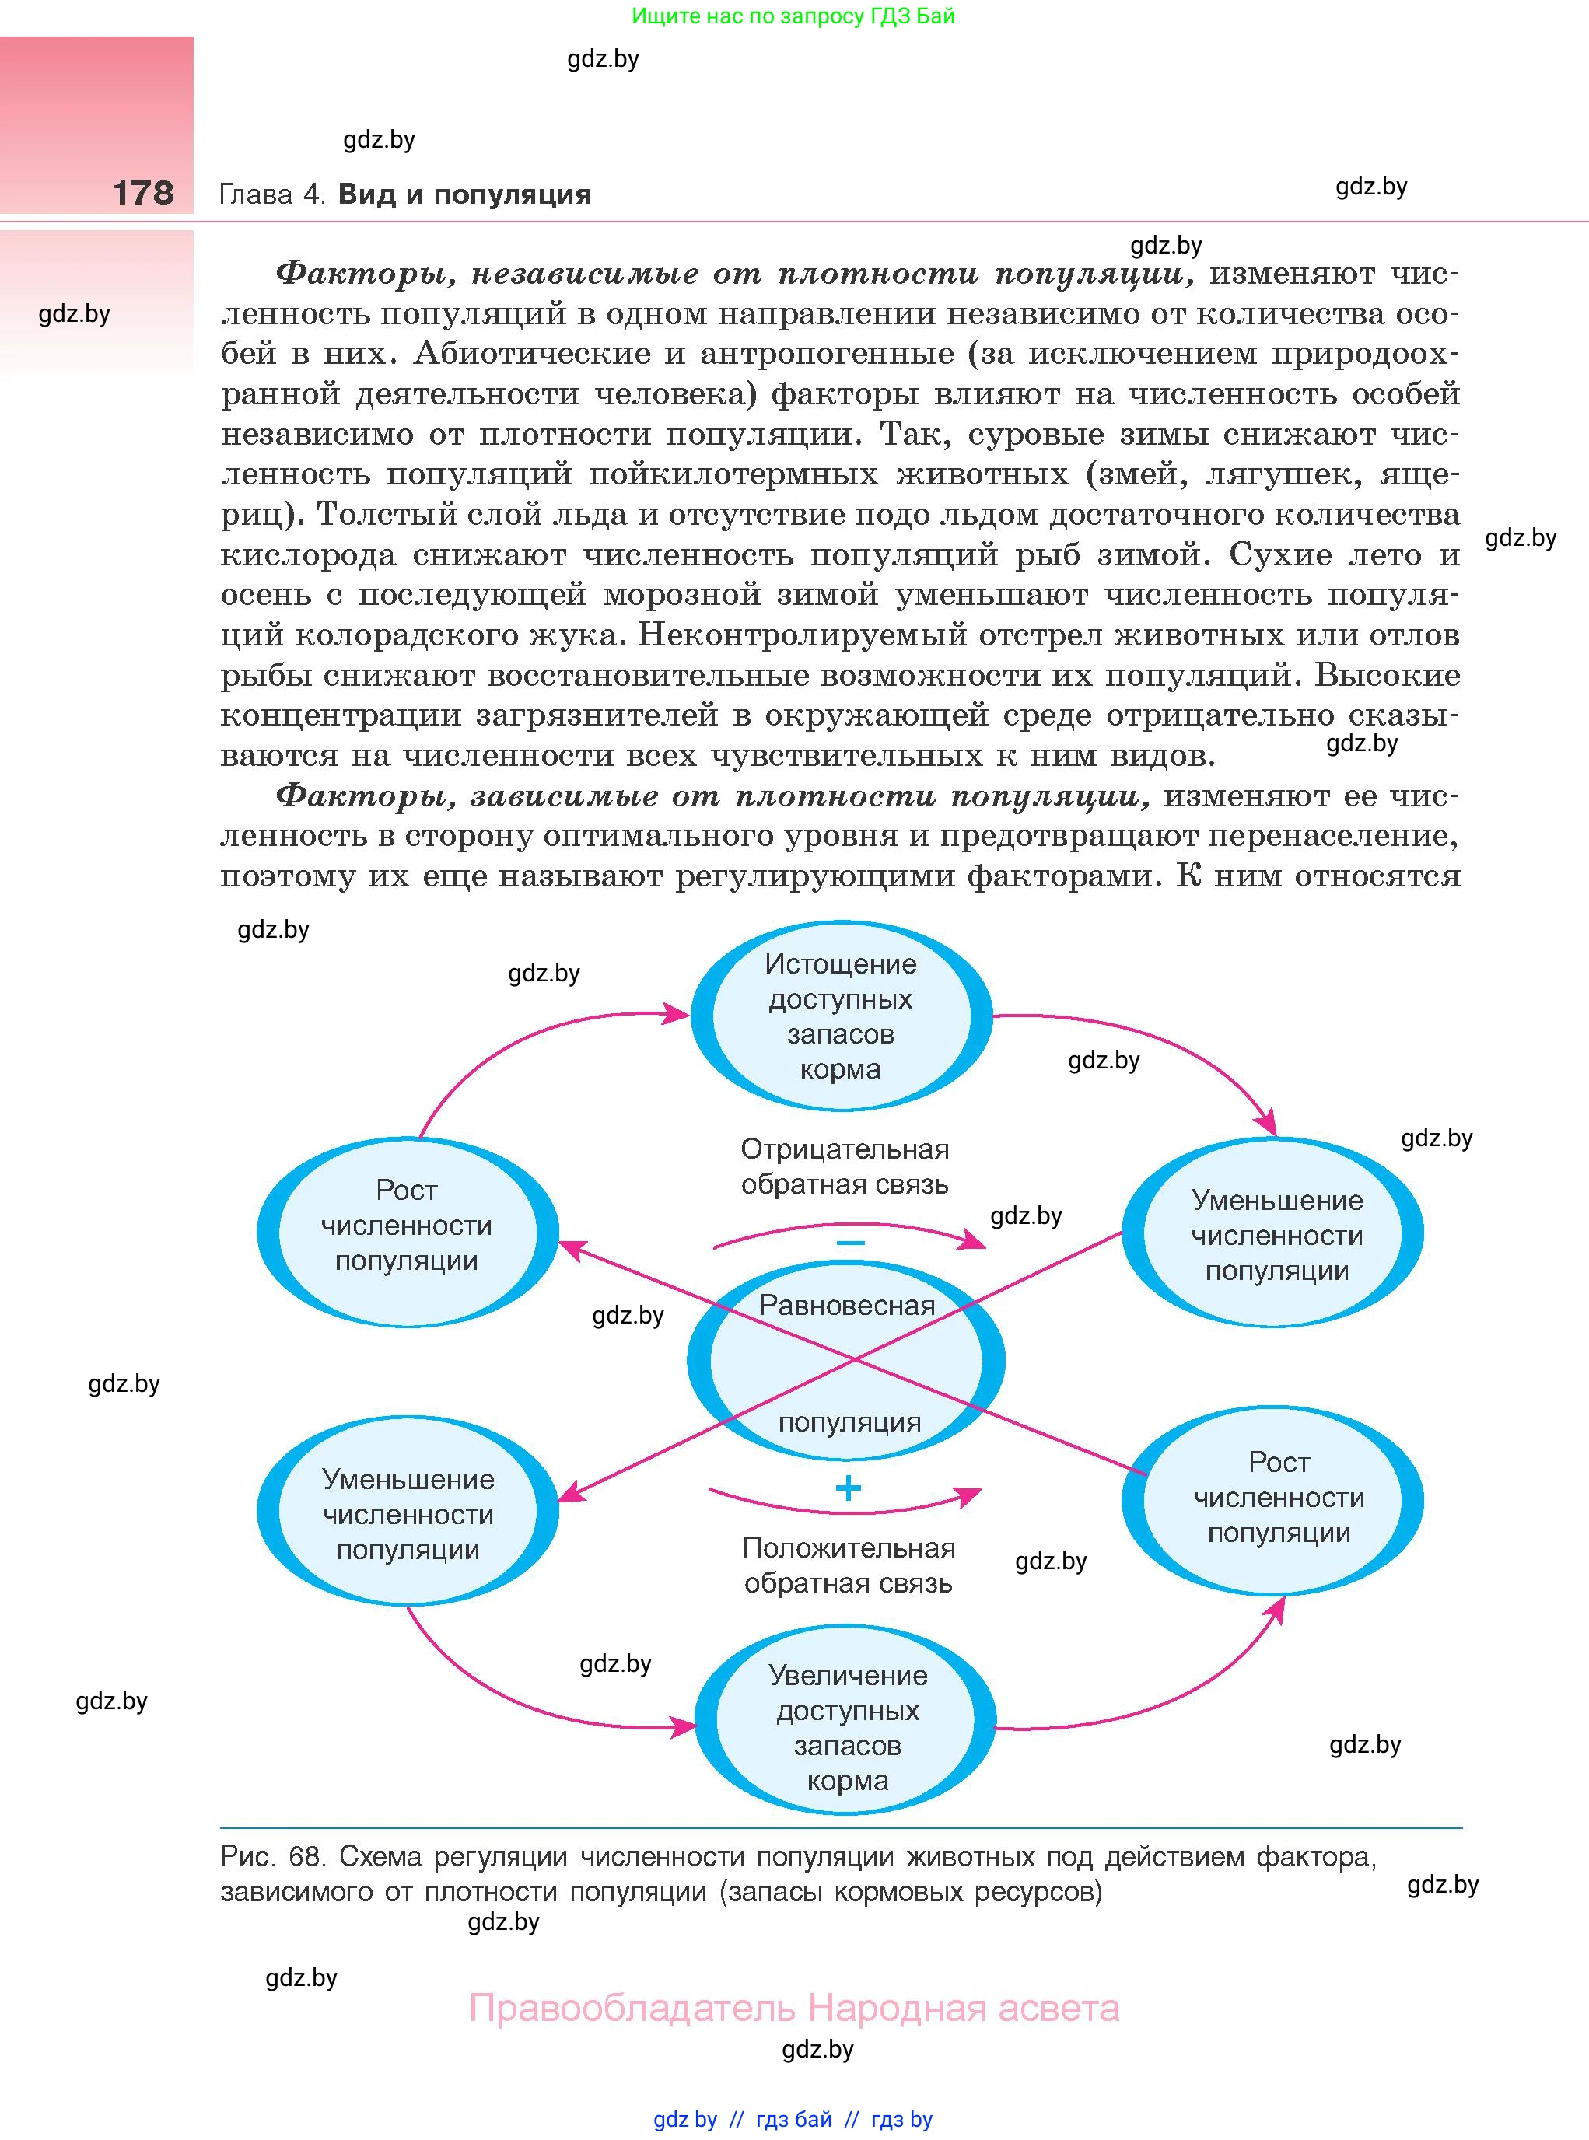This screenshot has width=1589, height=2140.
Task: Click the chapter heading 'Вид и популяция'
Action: coord(464,194)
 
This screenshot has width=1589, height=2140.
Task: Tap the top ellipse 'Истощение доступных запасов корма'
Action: coord(841,1016)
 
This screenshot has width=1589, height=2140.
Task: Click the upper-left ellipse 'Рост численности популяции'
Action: coord(407,1226)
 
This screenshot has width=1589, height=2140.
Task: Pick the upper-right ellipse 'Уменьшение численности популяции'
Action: coord(1276,1235)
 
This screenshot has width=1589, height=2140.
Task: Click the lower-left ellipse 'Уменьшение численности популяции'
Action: coord(408,1514)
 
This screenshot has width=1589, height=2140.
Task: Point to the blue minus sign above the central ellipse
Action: coord(850,1243)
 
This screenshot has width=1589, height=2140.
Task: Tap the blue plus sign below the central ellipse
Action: coord(849,1489)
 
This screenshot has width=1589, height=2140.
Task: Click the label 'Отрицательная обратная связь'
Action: coord(845,1166)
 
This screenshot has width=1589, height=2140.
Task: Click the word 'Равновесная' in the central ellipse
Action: coord(846,1305)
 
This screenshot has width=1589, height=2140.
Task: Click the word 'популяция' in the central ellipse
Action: coord(849,1421)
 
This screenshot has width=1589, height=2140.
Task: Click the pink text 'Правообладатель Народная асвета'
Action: coord(793,2009)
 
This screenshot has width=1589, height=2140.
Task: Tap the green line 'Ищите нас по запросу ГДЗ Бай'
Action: coord(793,16)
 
